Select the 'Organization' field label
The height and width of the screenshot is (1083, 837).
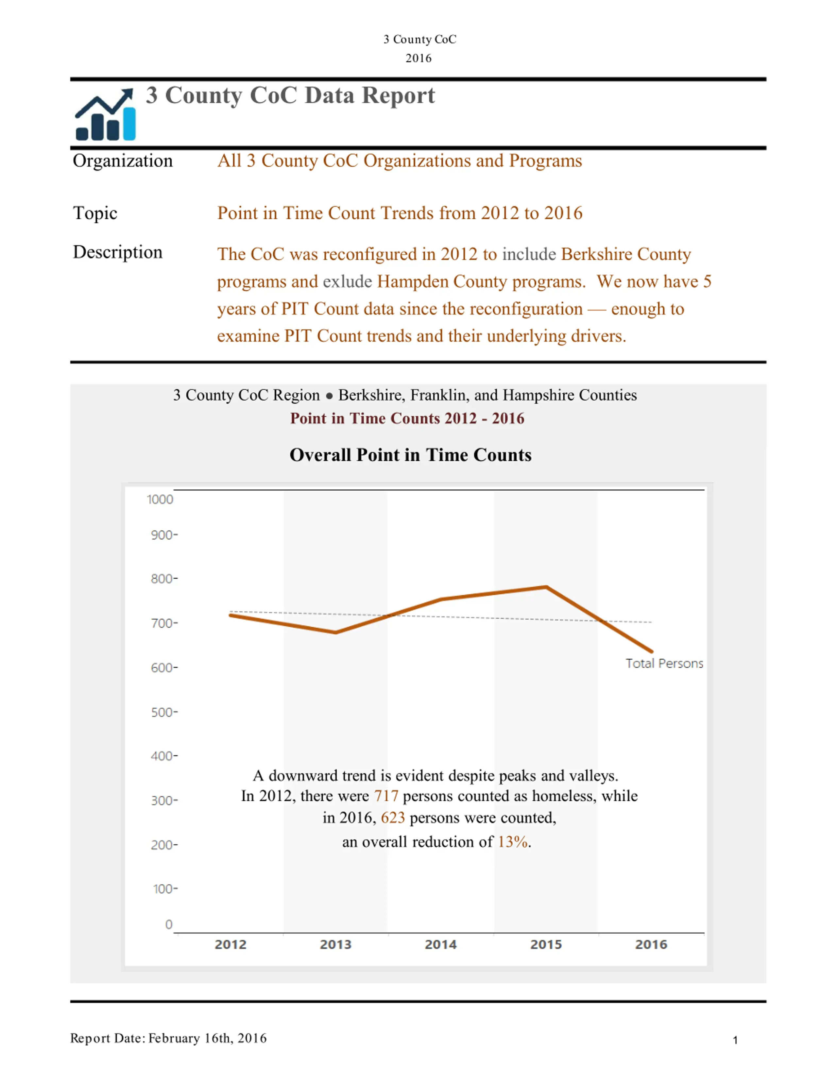tap(123, 161)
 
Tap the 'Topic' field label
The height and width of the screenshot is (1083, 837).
tap(95, 213)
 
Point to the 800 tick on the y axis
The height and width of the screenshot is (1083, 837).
tap(164, 579)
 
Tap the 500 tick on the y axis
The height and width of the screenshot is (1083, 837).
tap(164, 712)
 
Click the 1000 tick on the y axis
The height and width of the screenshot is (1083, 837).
tap(160, 499)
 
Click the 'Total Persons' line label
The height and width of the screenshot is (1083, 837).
tap(664, 664)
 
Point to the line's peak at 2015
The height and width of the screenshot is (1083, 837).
tap(546, 587)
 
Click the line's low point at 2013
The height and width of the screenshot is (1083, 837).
tap(336, 632)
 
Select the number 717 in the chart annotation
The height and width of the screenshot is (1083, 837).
tap(386, 796)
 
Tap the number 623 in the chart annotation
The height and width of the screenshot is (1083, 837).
tap(393, 818)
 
